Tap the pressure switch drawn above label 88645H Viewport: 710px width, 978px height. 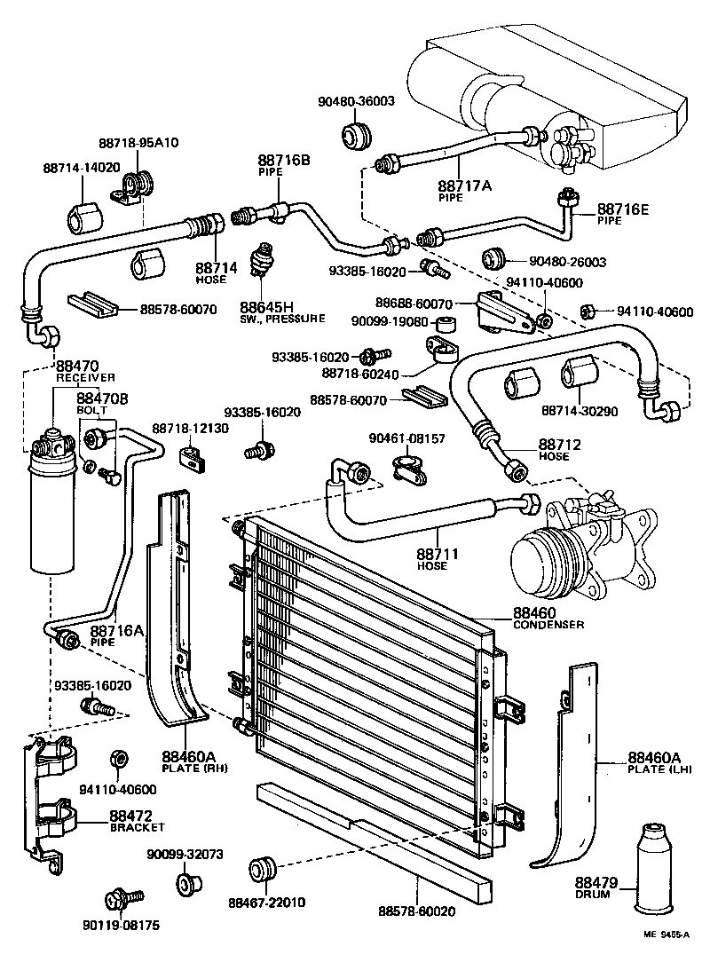[263, 256]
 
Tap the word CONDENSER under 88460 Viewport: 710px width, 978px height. [548, 625]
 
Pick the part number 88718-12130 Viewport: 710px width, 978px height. [190, 429]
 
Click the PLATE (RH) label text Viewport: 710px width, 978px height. [189, 769]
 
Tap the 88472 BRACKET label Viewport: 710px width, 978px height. [137, 822]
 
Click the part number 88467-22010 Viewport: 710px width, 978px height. [266, 903]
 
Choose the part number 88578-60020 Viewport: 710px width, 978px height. [417, 911]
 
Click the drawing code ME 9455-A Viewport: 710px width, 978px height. [665, 958]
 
